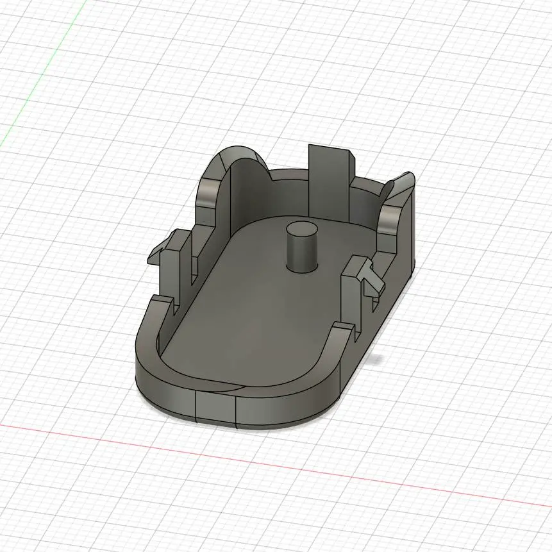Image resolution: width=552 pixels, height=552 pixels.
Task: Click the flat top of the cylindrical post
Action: (x=301, y=228)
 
